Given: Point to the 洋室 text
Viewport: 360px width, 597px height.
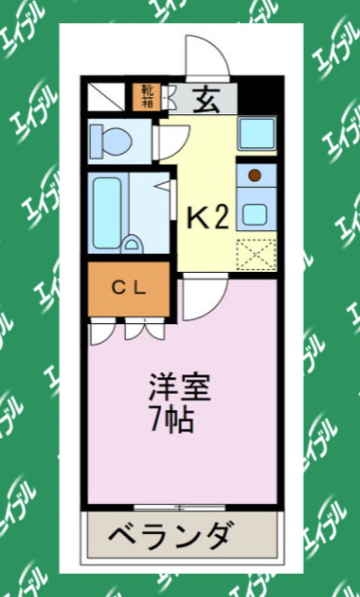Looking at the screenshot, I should (179, 387).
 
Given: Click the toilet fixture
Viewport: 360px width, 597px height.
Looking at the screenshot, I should (111, 140).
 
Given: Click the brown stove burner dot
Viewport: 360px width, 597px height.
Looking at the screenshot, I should (254, 175).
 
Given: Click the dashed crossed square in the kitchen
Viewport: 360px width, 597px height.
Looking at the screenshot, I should (256, 254).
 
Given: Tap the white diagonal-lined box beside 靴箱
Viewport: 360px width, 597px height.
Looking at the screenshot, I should (106, 97).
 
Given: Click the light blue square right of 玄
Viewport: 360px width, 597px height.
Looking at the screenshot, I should (257, 133).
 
